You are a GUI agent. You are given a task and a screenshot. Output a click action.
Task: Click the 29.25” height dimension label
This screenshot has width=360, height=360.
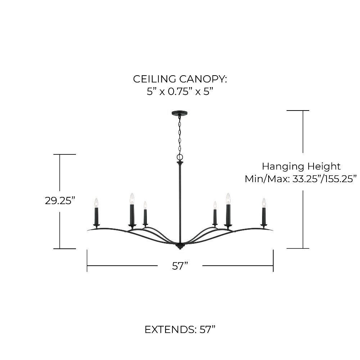click(x=59, y=201)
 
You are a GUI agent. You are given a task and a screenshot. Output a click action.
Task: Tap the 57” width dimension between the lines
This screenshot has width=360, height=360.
click(x=180, y=266)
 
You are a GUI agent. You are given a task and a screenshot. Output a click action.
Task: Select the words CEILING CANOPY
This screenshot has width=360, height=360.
click(x=180, y=79)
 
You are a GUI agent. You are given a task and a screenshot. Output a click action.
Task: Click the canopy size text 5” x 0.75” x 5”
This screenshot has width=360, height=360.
click(x=180, y=91)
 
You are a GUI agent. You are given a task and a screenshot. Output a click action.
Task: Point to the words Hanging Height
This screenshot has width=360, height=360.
click(x=301, y=166)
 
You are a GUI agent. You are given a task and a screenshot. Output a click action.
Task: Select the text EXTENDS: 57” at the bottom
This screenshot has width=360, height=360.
click(x=180, y=329)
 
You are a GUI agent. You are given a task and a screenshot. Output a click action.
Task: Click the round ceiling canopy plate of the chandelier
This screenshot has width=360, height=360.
click(x=180, y=113)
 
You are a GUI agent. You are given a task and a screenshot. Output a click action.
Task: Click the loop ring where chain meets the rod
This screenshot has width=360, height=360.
click(x=180, y=157)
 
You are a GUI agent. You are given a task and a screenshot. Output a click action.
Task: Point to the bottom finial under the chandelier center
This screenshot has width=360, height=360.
click(x=180, y=247)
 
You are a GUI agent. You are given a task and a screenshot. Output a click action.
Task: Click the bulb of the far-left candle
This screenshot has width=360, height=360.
click(x=96, y=203)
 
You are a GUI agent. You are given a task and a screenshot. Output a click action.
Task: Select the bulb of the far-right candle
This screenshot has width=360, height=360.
click(x=264, y=203)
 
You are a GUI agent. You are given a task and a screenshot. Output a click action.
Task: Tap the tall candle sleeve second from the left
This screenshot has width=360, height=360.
click(x=132, y=215)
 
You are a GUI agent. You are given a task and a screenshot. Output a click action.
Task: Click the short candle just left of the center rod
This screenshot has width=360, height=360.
click(x=145, y=216)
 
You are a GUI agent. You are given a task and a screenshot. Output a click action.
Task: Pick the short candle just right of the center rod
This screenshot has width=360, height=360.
click(x=215, y=216)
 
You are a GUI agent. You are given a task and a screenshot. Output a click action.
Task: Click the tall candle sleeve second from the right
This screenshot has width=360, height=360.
click(x=228, y=215)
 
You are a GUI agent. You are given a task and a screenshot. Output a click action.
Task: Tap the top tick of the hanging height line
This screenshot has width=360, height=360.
click(x=298, y=111)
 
